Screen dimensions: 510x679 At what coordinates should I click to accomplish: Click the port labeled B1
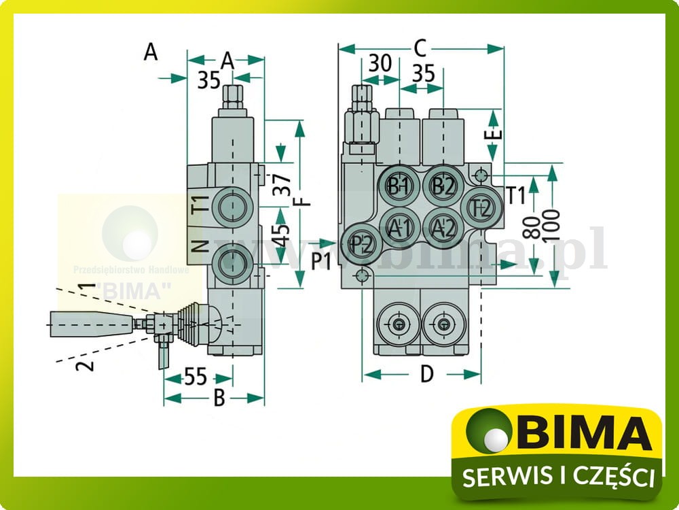pyautogui.click(x=399, y=186)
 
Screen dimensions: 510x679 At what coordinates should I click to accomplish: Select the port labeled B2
pyautogui.click(x=443, y=186)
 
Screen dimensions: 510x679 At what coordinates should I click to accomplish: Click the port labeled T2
pyautogui.click(x=481, y=207)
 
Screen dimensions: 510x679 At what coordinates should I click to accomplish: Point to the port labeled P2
pyautogui.click(x=363, y=242)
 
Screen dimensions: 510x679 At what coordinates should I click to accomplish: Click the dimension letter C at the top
pyautogui.click(x=420, y=48)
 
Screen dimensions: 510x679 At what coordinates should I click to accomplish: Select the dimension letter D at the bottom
pyautogui.click(x=426, y=374)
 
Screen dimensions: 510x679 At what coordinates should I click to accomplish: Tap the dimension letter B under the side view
pyautogui.click(x=219, y=398)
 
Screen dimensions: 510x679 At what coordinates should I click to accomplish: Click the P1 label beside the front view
pyautogui.click(x=321, y=261)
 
